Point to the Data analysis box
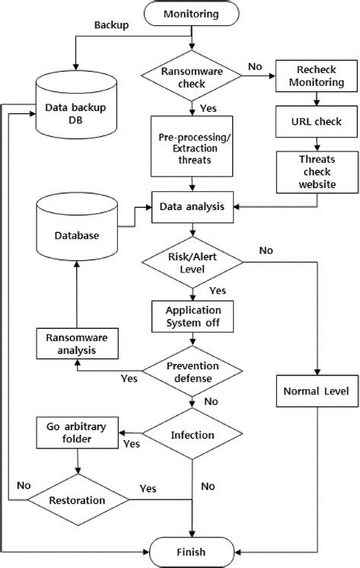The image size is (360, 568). pos(191,206)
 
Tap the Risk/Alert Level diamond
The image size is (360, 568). pos(192,263)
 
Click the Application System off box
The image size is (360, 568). pos(191,316)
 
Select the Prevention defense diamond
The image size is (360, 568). pos(192,371)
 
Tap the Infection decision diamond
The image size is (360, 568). pos(192,436)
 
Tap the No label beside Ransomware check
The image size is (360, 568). pos(254,67)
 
